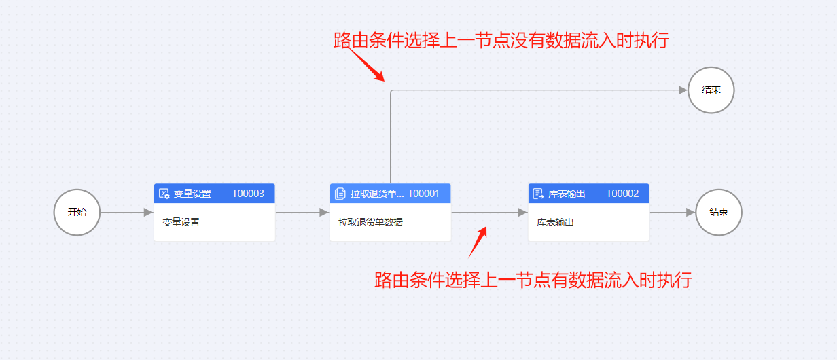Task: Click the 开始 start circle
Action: (77, 212)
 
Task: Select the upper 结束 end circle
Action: (711, 90)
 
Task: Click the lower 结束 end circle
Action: (719, 212)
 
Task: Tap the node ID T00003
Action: (248, 194)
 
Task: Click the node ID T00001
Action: (423, 194)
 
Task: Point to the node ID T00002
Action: (622, 194)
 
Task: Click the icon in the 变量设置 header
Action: (164, 194)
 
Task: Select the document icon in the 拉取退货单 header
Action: (340, 194)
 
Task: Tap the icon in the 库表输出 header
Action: (538, 194)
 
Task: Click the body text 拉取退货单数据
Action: (370, 221)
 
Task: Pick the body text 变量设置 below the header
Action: (181, 221)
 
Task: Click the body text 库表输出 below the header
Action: (555, 221)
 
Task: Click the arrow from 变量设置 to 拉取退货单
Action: (302, 212)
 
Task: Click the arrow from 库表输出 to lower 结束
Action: (673, 212)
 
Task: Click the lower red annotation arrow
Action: (478, 242)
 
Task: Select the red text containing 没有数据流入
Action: (501, 40)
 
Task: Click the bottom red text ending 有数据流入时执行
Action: (533, 279)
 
